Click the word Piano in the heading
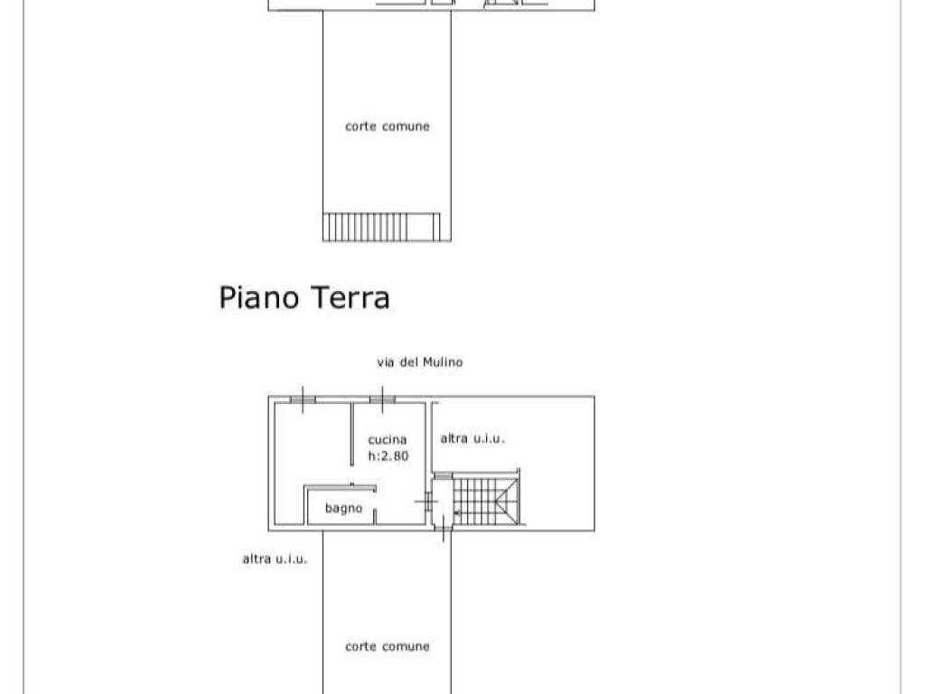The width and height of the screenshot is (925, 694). pos(259,297)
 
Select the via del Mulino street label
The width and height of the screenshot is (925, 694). pos(419,362)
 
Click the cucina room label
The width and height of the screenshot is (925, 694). pos(388,440)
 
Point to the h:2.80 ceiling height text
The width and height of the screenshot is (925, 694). pos(388,456)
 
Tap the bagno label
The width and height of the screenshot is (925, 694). pos(343,509)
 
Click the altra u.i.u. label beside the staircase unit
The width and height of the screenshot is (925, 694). pos(472,439)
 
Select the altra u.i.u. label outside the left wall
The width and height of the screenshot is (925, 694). pos(275,559)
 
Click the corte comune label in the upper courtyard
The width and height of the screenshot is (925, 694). pos(387,127)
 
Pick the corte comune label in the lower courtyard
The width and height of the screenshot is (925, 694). pos(387,647)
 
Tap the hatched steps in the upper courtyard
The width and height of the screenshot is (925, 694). pos(366,226)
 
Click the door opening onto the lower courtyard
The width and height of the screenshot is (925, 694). pos(443,530)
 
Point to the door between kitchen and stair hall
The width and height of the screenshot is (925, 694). pos(425,500)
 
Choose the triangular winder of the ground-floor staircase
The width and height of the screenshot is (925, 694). pos(507,500)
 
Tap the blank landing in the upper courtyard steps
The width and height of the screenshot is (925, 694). pos(431,226)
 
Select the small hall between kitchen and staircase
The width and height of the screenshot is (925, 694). pos(442,502)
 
